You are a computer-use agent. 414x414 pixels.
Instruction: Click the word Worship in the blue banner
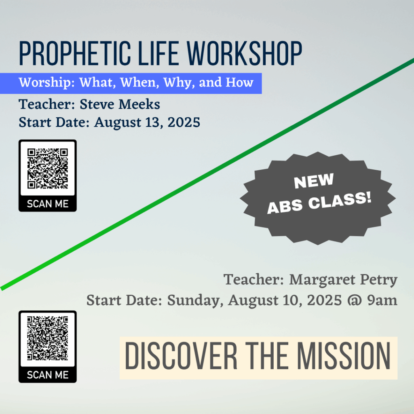click(x=45, y=82)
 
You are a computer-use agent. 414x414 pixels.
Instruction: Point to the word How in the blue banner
click(x=239, y=82)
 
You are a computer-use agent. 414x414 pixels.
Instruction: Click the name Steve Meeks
click(x=120, y=104)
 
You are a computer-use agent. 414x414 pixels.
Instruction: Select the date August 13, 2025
click(x=147, y=123)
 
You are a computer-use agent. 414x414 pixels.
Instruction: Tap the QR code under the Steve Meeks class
click(x=48, y=169)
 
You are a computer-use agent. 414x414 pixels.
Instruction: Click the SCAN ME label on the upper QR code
click(x=48, y=204)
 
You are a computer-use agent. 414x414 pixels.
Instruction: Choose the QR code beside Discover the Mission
click(x=48, y=338)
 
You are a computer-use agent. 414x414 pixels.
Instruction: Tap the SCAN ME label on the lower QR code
click(x=48, y=375)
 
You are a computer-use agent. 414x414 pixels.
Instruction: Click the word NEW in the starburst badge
click(x=314, y=181)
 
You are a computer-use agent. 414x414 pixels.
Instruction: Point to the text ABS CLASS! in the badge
click(x=319, y=203)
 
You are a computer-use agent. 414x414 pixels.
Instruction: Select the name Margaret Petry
click(x=343, y=280)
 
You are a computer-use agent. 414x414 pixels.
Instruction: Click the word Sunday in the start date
click(x=195, y=300)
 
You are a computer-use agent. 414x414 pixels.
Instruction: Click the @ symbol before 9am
click(x=354, y=301)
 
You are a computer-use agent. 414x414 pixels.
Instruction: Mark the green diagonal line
click(x=207, y=174)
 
